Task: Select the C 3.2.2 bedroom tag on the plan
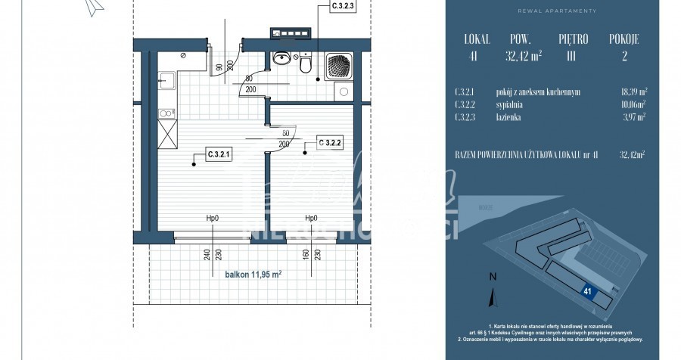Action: coord(331,141)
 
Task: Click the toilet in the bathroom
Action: coord(305,66)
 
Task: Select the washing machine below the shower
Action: coord(344,92)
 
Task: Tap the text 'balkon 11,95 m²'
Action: coord(253,275)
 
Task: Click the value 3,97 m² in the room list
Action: coord(633,117)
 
